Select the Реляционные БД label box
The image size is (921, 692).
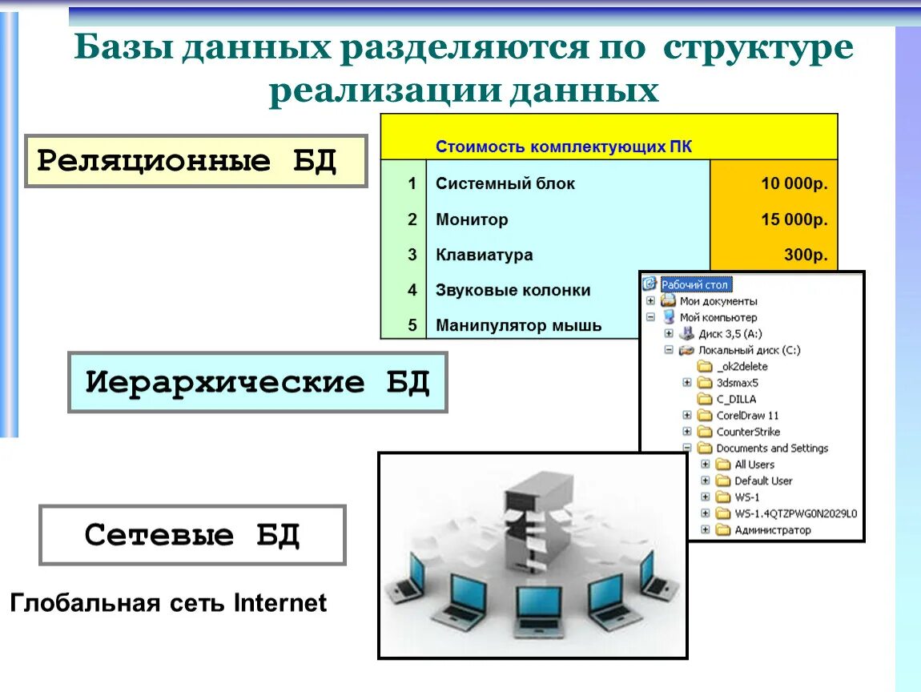tap(195, 161)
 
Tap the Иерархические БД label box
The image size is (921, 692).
tap(257, 382)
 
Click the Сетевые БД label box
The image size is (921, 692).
tap(192, 535)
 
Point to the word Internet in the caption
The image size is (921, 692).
tap(280, 602)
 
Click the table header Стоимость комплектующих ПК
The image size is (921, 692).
tap(563, 147)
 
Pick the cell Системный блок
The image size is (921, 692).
tap(505, 183)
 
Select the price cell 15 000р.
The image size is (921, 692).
tap(794, 219)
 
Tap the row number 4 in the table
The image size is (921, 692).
tap(412, 290)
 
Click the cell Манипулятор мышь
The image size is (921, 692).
tap(518, 326)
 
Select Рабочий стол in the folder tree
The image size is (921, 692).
tap(695, 284)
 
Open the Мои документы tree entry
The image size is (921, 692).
tap(718, 301)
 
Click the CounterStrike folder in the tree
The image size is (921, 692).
tap(747, 432)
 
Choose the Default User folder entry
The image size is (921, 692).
tap(762, 481)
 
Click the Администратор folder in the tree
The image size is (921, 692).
tap(772, 529)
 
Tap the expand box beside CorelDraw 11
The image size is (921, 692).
tap(686, 415)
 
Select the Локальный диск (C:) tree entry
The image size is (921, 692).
tap(749, 350)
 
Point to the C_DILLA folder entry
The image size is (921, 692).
tap(735, 399)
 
